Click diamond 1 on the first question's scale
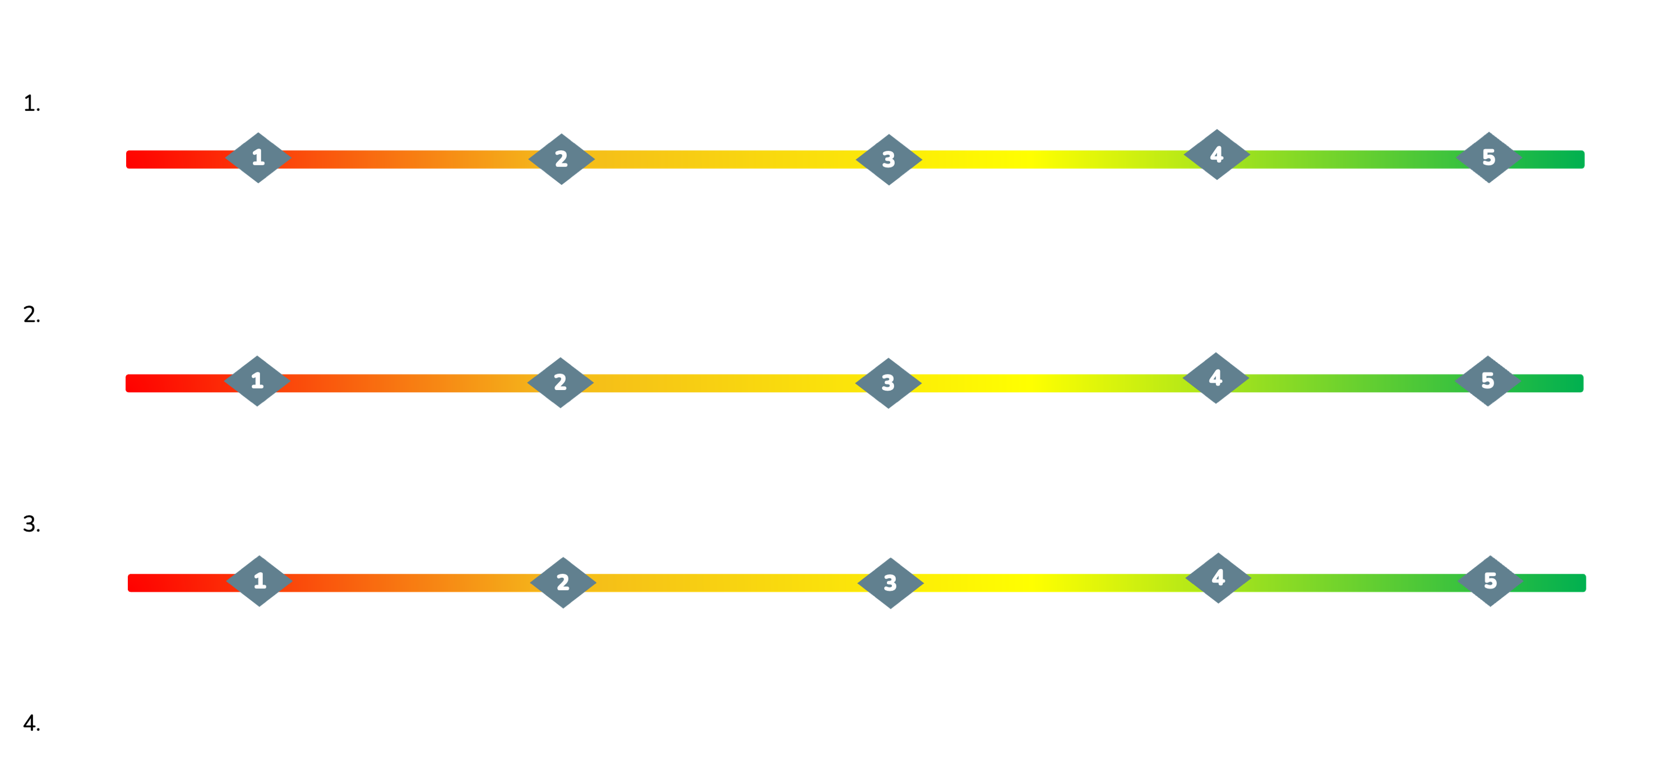(258, 158)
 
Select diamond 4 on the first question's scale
(1217, 155)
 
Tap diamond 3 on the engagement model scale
(887, 383)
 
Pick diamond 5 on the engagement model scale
(1487, 381)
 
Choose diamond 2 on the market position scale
(563, 582)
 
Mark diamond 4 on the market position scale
(1218, 578)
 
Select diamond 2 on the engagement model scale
(560, 382)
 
